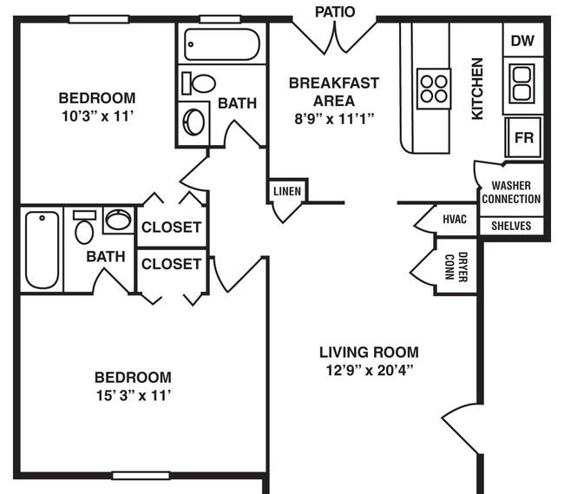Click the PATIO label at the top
[x=335, y=12]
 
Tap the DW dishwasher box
[x=523, y=40]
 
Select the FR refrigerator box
[x=523, y=137]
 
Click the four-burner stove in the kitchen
[x=434, y=89]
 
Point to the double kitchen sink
[x=521, y=83]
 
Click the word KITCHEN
[x=477, y=89]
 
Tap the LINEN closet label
[x=287, y=191]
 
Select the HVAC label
[x=455, y=219]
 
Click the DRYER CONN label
[x=456, y=267]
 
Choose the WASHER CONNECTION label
[x=511, y=192]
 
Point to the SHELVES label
[x=511, y=226]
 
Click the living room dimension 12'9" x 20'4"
[x=369, y=370]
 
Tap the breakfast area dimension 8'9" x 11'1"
[x=335, y=118]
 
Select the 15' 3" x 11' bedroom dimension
[x=133, y=396]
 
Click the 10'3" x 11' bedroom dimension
[x=98, y=116]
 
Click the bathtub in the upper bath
[x=222, y=44]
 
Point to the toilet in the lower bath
[x=84, y=228]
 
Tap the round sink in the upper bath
[x=193, y=122]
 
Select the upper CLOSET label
[x=171, y=227]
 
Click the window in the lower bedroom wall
[x=141, y=476]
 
